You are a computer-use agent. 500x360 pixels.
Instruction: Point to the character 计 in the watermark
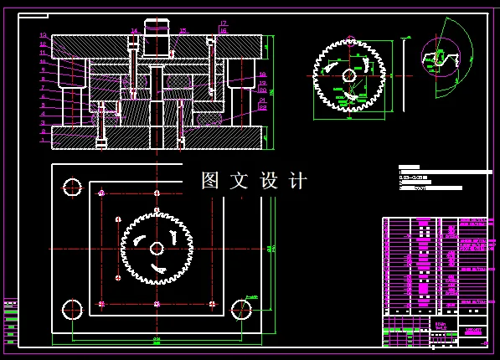coord(298,180)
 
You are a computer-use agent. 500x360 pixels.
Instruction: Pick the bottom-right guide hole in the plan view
coord(241,308)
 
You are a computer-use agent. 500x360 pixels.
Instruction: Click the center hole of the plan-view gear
coord(157,248)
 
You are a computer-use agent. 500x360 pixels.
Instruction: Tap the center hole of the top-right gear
coord(348,75)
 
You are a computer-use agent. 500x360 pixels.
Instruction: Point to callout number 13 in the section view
coord(42,35)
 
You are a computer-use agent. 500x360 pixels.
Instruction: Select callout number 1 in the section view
coord(42,140)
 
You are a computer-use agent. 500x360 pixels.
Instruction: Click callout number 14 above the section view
coord(133,30)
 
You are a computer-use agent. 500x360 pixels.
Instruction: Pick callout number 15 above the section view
coord(183,30)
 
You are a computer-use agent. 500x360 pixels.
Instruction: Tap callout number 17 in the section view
coord(224,23)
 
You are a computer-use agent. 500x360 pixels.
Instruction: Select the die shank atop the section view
coord(157,27)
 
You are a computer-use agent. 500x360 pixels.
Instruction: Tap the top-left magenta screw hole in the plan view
coord(101,193)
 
